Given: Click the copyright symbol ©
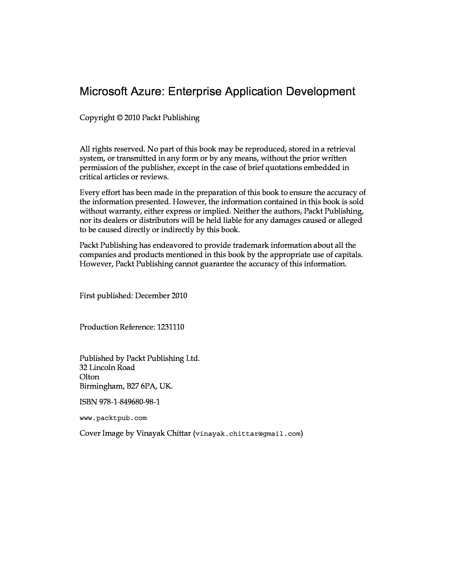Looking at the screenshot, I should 119,118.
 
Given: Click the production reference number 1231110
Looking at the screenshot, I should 171,327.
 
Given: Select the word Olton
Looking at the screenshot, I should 89,377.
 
